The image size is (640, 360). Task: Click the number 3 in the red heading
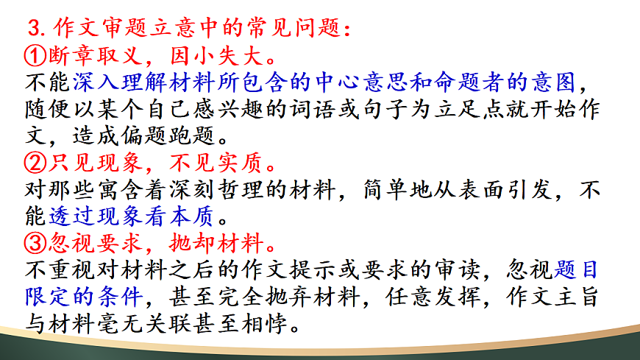(x=33, y=29)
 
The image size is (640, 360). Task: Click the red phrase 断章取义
(x=93, y=54)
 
